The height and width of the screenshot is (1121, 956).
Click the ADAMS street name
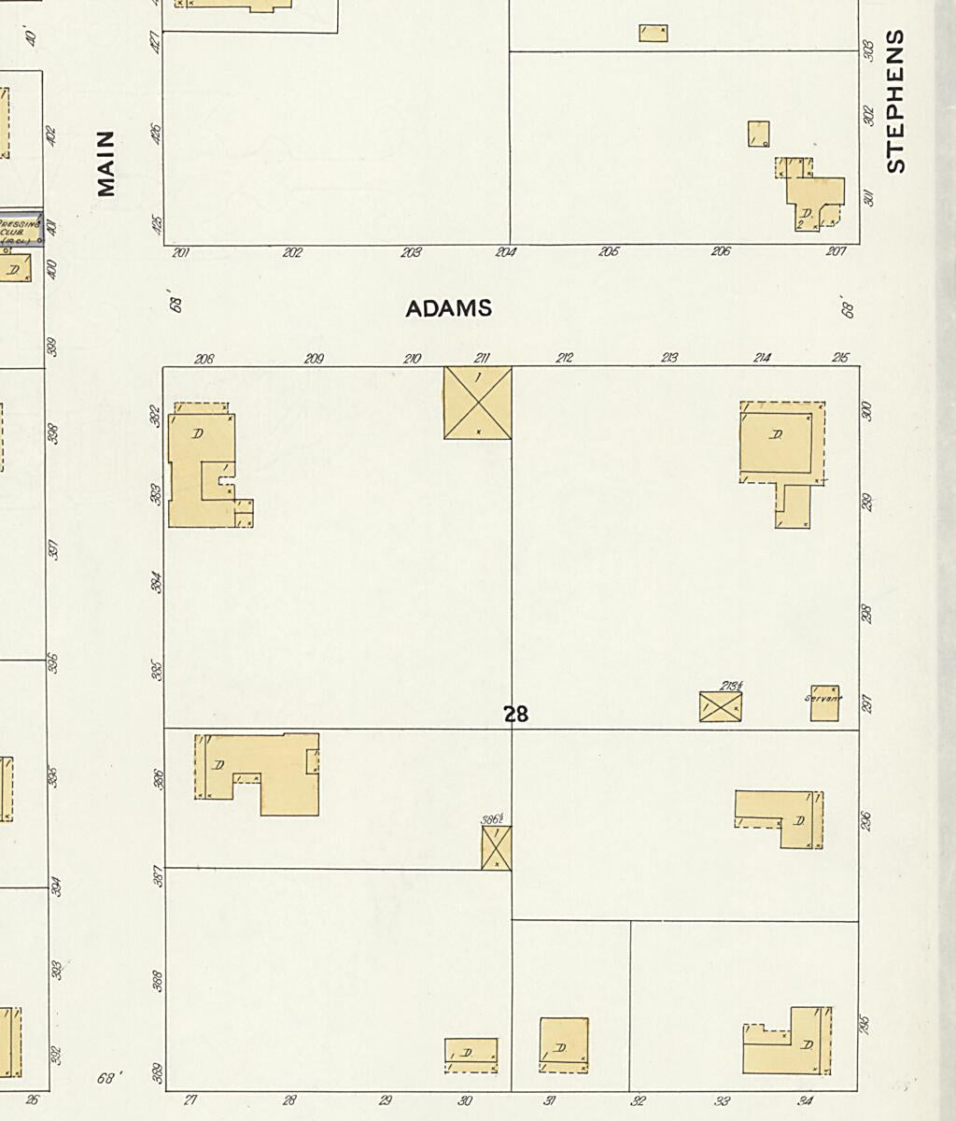tap(448, 308)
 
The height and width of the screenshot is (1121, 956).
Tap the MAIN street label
tap(106, 163)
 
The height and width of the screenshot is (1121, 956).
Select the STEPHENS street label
tap(895, 101)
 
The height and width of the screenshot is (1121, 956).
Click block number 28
tap(515, 715)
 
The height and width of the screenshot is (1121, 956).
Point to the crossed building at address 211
tap(477, 403)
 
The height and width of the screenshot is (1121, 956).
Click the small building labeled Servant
tap(824, 702)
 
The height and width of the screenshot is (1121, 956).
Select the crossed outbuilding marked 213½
tap(720, 706)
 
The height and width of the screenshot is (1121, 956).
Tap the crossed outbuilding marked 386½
tap(497, 847)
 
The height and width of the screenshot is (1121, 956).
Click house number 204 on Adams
tap(506, 252)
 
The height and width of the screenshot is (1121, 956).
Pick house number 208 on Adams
tap(204, 358)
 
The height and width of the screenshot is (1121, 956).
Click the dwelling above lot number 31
tap(564, 1044)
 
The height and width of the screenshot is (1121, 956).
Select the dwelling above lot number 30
tap(471, 1056)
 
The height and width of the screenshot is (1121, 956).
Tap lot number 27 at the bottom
tap(190, 1100)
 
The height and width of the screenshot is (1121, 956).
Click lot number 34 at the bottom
tap(806, 1100)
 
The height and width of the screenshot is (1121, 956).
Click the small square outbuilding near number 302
tap(758, 134)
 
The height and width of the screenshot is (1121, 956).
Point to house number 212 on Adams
tap(564, 358)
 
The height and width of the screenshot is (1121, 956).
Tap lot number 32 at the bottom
tap(638, 1100)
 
